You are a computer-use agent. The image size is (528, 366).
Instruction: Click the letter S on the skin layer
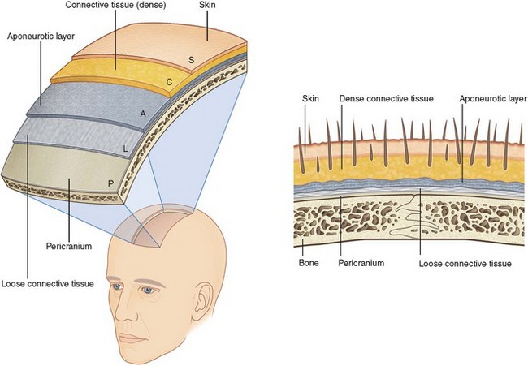[192, 59]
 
